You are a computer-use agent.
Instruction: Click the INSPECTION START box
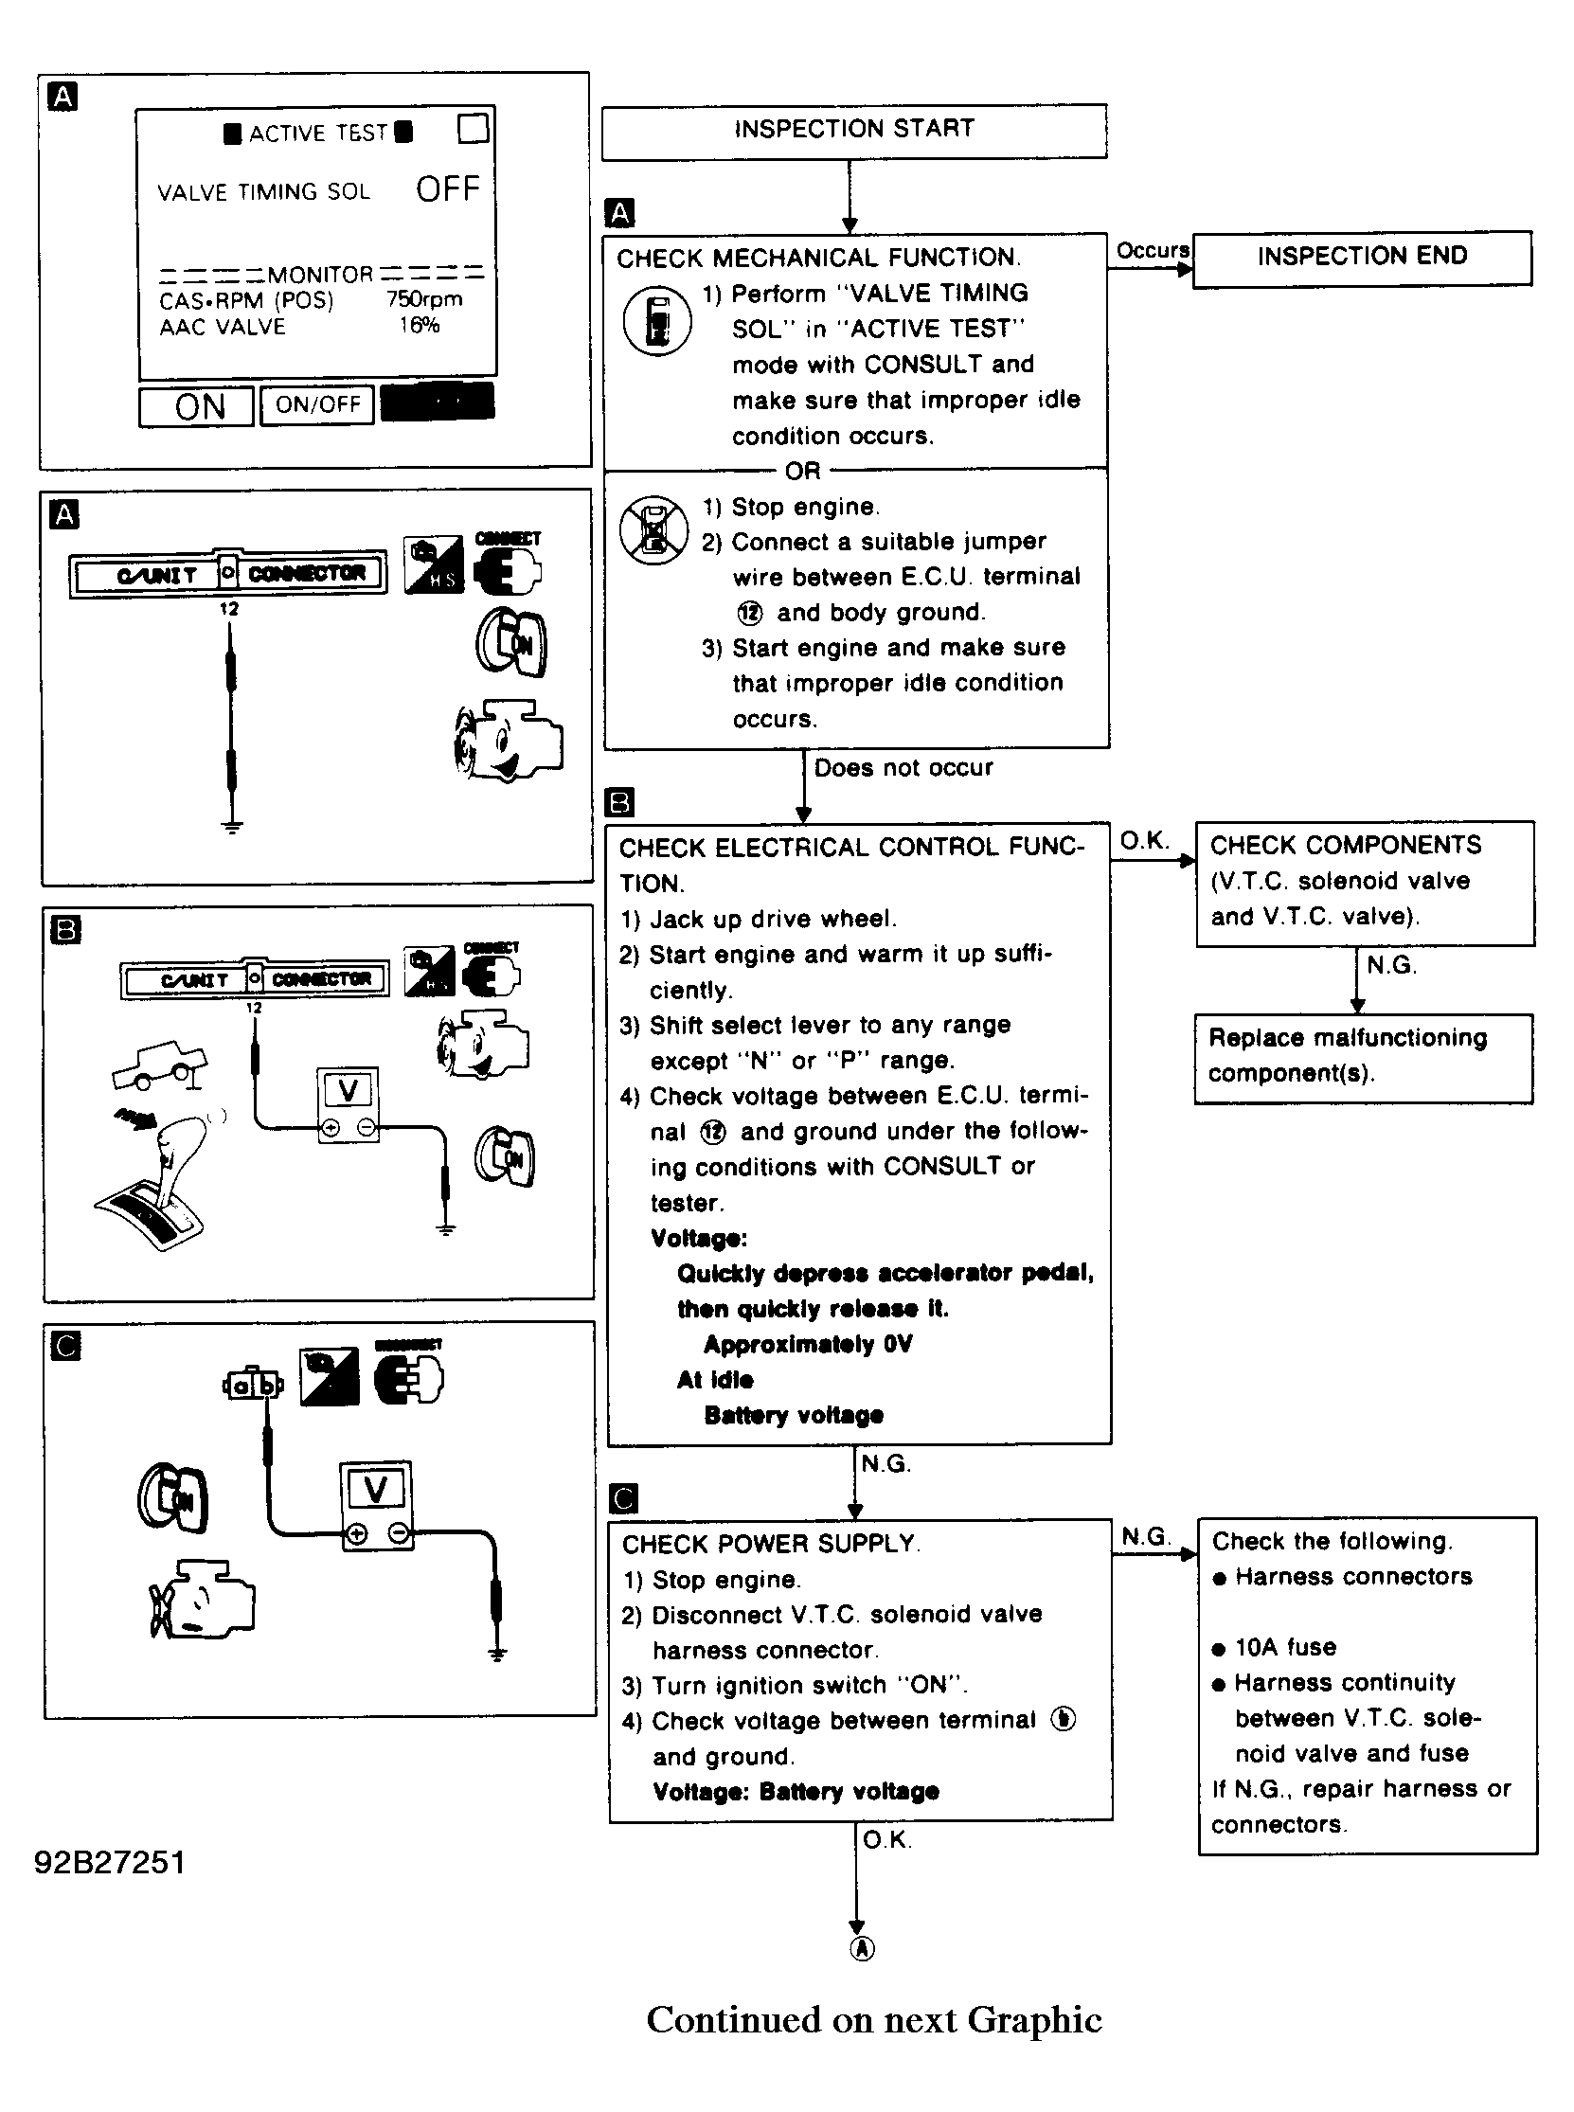click(x=853, y=130)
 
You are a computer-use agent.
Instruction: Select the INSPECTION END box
click(x=1362, y=257)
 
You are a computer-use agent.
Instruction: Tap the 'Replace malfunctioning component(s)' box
click(x=1363, y=1057)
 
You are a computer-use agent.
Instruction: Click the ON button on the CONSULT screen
click(x=197, y=407)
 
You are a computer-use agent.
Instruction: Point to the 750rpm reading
click(x=424, y=299)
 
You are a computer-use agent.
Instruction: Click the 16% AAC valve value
click(x=420, y=326)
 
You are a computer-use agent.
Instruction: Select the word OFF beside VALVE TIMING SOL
click(x=447, y=189)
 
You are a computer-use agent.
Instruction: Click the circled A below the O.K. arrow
click(x=860, y=1949)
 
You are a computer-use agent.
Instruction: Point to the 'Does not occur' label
click(x=903, y=768)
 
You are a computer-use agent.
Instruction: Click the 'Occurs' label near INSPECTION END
click(x=1152, y=251)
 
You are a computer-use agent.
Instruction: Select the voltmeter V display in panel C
click(x=376, y=1489)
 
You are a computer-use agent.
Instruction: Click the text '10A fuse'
click(x=1285, y=1647)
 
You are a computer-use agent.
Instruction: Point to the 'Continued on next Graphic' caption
click(x=874, y=2019)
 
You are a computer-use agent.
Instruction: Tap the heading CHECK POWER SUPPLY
click(x=769, y=1543)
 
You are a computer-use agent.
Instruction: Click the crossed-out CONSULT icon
click(x=653, y=529)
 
